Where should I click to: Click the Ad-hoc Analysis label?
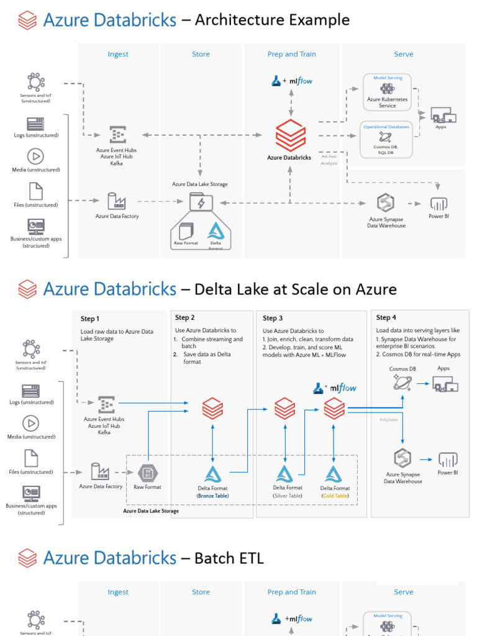pos(329,160)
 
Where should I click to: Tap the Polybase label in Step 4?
pos(388,420)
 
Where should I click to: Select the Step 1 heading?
pos(89,319)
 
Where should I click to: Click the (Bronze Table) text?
pos(213,496)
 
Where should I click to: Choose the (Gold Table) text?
pos(335,496)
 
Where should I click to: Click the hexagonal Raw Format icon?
pos(147,473)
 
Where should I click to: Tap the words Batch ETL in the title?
pos(229,558)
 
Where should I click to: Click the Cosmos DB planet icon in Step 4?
pos(402,383)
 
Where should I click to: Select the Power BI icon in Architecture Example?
pos(438,204)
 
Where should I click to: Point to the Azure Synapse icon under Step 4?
pos(402,458)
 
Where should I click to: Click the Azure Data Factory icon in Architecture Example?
pos(117,201)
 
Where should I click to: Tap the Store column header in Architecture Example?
pos(201,54)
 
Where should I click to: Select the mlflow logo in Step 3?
pos(335,388)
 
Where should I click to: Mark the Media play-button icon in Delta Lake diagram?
pos(31,423)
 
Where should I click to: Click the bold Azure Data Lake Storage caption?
pos(151,511)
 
